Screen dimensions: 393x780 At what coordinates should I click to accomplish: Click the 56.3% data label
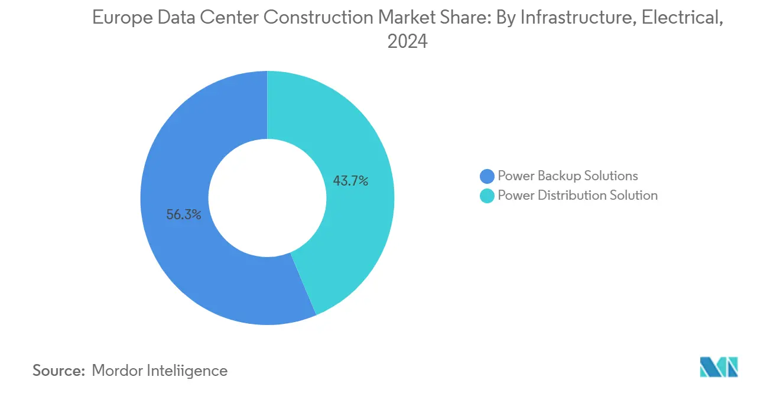pyautogui.click(x=184, y=215)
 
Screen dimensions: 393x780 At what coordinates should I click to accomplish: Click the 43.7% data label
pyautogui.click(x=350, y=181)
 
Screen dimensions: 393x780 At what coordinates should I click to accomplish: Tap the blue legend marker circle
pyautogui.click(x=487, y=176)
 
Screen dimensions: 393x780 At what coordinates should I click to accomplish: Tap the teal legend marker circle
pyautogui.click(x=487, y=196)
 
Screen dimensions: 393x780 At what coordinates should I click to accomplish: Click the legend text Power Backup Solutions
pyautogui.click(x=568, y=176)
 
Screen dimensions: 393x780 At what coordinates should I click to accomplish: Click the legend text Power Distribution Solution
pyautogui.click(x=577, y=195)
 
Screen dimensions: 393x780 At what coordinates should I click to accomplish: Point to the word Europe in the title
pyautogui.click(x=120, y=18)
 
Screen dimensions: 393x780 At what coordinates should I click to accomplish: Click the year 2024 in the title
pyautogui.click(x=407, y=41)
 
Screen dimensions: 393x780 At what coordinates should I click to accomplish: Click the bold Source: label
pyautogui.click(x=59, y=371)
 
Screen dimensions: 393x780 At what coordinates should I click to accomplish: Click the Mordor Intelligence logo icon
pyautogui.click(x=719, y=367)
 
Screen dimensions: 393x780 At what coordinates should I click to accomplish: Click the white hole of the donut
pyautogui.click(x=267, y=198)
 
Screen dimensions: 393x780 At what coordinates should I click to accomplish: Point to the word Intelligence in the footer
pyautogui.click(x=189, y=371)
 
